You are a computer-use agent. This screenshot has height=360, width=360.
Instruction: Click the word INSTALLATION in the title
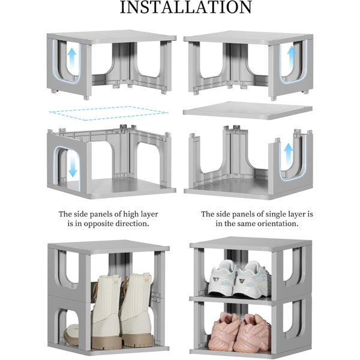pos(186,7)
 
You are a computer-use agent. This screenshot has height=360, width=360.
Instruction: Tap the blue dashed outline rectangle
pos(109,113)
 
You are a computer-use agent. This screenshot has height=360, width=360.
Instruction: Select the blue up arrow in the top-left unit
pos(72,58)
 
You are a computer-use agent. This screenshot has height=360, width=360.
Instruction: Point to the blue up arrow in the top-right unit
pos(292,55)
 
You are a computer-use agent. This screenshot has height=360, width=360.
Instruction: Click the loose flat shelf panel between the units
pos(247,110)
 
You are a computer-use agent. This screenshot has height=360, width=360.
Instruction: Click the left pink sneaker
pos(224,331)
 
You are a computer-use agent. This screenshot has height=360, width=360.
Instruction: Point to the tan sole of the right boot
pos(137,340)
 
